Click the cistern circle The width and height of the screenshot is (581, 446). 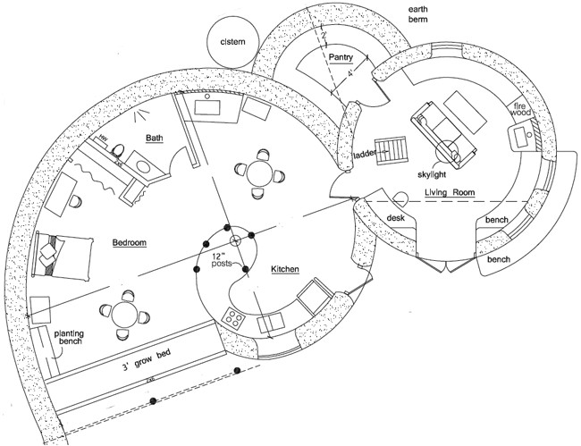tap(232, 41)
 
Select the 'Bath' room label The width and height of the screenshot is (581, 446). tap(154, 138)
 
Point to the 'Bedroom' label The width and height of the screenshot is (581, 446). tap(131, 242)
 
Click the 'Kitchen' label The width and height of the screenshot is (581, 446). tap(284, 268)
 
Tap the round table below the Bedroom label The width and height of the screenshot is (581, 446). tap(124, 313)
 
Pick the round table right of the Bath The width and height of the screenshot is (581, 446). tap(258, 170)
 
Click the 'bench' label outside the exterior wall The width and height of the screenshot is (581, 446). tap(499, 259)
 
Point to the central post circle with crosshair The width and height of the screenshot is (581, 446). tap(236, 240)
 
